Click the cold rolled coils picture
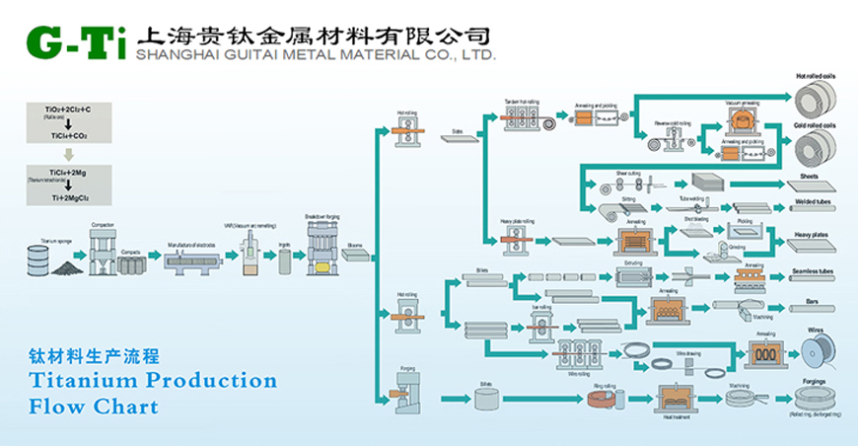tap(815, 149)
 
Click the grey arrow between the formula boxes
tap(68, 154)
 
